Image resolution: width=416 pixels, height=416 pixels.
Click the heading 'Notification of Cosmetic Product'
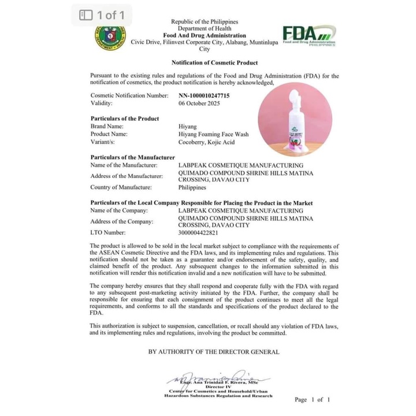click(214, 62)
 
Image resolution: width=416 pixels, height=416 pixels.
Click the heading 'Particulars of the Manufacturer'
click(132, 157)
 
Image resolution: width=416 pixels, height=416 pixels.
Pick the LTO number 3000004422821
click(199, 232)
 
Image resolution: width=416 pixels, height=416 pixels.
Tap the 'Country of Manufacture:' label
click(121, 187)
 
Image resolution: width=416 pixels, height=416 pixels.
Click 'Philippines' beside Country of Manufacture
click(192, 187)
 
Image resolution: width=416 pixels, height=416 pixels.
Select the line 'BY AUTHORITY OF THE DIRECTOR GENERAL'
click(214, 351)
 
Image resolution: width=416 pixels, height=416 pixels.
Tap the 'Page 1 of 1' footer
click(312, 399)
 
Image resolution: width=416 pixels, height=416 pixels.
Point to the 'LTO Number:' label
click(108, 232)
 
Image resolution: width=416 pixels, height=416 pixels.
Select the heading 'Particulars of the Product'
click(125, 118)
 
